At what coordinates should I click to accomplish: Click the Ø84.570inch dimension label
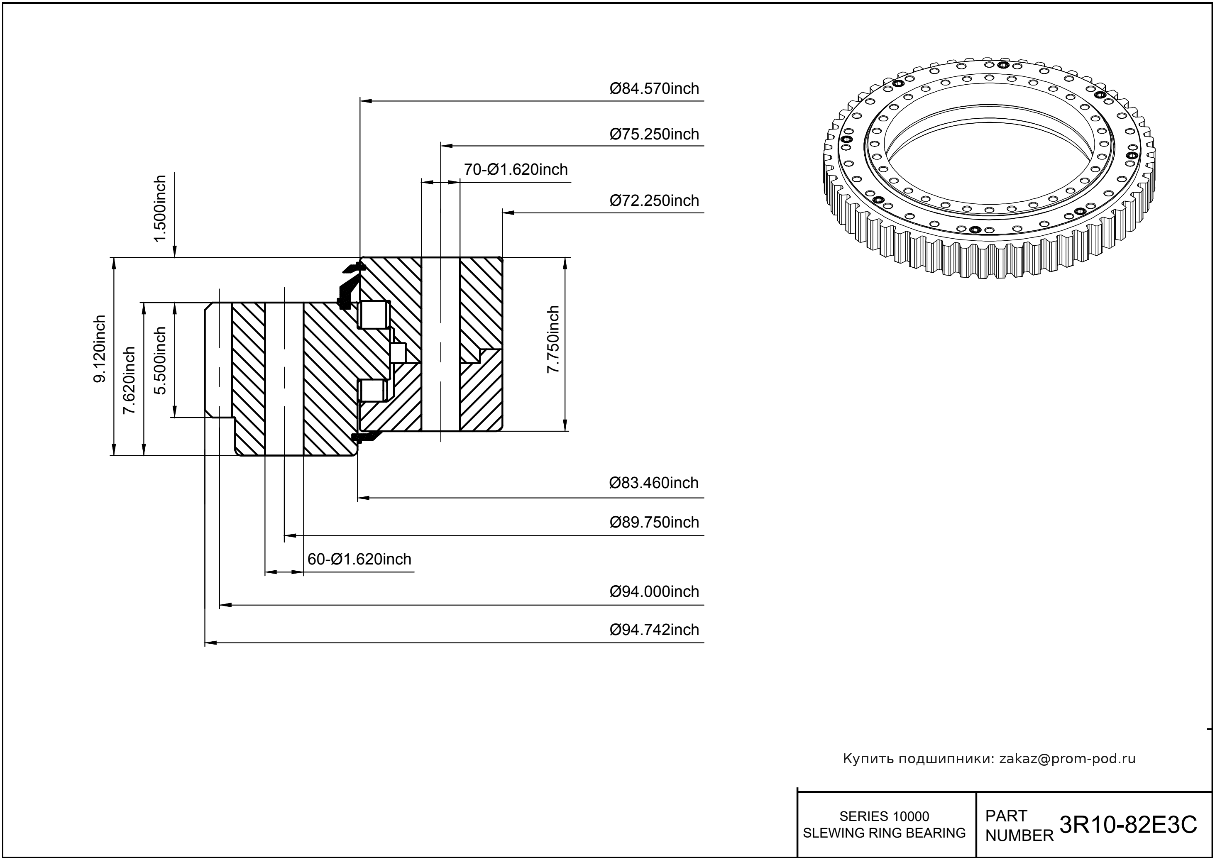click(654, 88)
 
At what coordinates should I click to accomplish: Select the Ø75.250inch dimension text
click(654, 134)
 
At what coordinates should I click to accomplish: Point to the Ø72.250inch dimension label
click(654, 201)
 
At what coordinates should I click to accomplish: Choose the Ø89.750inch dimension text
click(654, 522)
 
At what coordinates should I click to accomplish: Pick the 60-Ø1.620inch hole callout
click(359, 559)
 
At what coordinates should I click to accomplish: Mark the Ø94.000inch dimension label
click(654, 591)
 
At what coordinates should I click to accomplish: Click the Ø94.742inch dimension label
click(654, 630)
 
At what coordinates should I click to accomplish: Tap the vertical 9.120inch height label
click(100, 349)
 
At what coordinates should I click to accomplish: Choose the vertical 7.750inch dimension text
click(553, 340)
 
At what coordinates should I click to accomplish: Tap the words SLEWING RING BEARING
click(884, 833)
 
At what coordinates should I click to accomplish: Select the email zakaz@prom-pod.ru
click(1067, 759)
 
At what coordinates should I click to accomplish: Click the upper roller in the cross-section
click(374, 315)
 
